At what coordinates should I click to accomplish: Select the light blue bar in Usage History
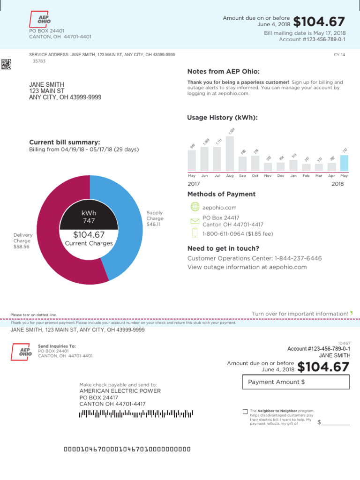pyautogui.click(x=344, y=163)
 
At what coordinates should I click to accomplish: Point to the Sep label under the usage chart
pyautogui.click(x=242, y=176)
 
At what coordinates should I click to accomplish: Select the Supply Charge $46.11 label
pyautogui.click(x=155, y=218)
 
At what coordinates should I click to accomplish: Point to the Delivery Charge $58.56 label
pyautogui.click(x=22, y=241)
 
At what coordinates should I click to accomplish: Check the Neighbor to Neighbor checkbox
pyautogui.click(x=245, y=412)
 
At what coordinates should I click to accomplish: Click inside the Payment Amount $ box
pyautogui.click(x=296, y=382)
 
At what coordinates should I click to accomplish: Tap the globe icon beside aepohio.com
pyautogui.click(x=195, y=207)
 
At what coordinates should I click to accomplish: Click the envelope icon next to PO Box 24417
pyautogui.click(x=195, y=221)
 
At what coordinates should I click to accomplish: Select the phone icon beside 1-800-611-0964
pyautogui.click(x=195, y=233)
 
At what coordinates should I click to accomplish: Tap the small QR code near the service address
pyautogui.click(x=6, y=64)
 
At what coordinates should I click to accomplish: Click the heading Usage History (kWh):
pyautogui.click(x=222, y=118)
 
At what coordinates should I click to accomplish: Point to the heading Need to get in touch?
pyautogui.click(x=223, y=248)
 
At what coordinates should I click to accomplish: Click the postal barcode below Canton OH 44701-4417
pyautogui.click(x=136, y=413)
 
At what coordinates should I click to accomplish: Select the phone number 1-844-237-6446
pyautogui.click(x=298, y=258)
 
